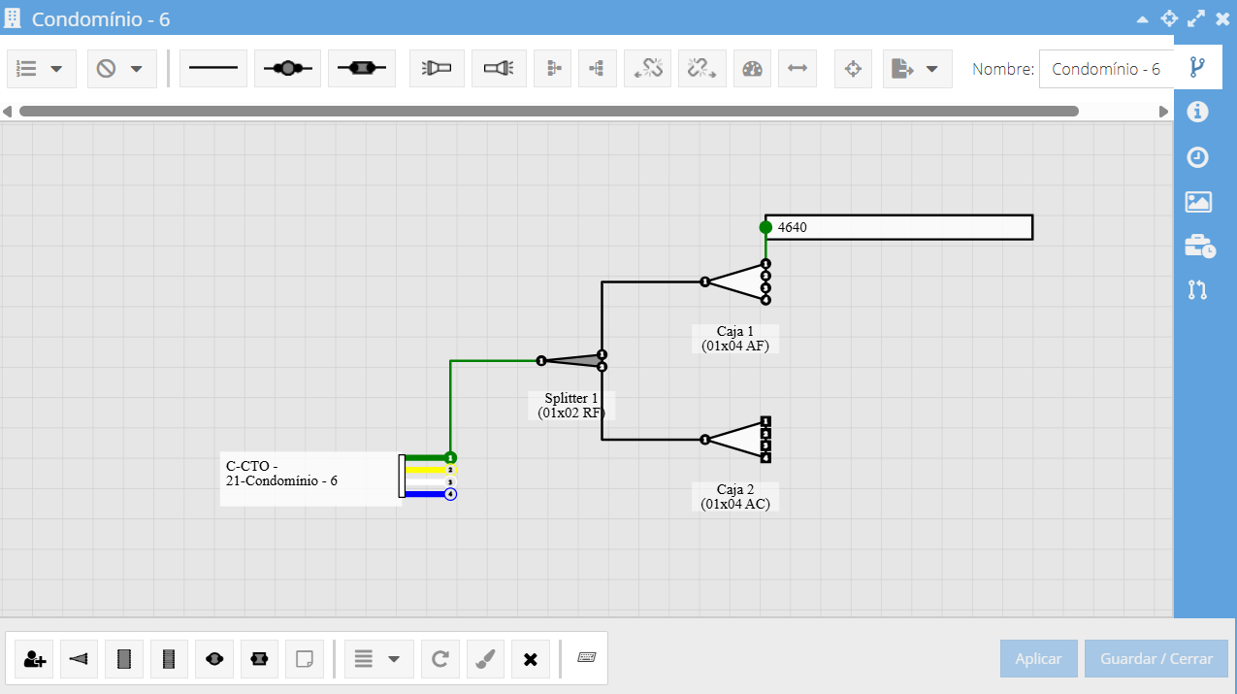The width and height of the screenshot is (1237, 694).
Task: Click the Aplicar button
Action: (1038, 658)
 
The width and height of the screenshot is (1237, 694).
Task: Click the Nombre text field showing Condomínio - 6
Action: (1106, 69)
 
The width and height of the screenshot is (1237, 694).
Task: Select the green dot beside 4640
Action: (765, 227)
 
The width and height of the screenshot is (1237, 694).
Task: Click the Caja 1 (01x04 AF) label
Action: (735, 338)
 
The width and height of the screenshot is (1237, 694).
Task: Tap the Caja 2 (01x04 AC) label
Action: (735, 496)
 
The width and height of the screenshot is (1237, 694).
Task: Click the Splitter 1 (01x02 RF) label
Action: (571, 405)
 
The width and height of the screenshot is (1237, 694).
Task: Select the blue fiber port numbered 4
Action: (450, 494)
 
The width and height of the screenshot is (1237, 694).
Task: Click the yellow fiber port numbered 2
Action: (450, 470)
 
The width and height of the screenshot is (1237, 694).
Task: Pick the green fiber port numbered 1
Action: (450, 457)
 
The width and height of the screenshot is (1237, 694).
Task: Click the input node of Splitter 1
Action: (541, 361)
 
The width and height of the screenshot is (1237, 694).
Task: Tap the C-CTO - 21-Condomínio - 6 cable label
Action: (281, 474)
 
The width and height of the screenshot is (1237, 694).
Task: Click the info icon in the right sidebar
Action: (1197, 112)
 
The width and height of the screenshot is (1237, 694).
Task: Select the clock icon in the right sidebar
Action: (1197, 157)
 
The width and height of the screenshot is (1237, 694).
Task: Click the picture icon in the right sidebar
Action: (1198, 202)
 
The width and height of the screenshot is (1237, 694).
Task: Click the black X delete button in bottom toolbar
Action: (530, 659)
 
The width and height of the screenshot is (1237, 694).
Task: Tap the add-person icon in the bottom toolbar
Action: (34, 659)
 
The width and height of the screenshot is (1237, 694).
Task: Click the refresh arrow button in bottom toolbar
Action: (440, 659)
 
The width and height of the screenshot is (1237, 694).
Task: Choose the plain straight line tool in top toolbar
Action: (213, 68)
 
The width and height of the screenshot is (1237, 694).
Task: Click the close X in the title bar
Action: (1222, 18)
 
